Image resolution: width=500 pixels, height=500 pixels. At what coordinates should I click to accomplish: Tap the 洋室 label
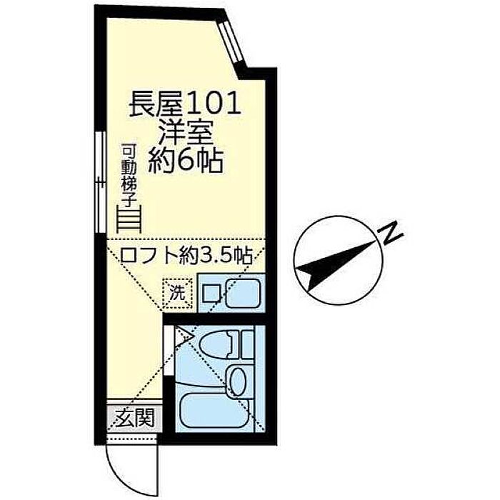pos(185,134)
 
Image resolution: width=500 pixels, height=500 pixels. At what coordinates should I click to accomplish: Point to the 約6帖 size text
pos(185,160)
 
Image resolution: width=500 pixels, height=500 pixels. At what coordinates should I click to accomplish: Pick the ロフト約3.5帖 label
pos(185,255)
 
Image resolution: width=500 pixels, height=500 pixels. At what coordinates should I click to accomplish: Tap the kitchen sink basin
pos(244,293)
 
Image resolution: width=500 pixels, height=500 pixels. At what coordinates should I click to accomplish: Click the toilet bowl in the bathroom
pos(236,346)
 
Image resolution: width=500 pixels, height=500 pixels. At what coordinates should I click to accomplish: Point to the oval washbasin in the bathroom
pos(239,379)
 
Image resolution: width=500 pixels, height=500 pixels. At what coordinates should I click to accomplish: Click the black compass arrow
pos(336,261)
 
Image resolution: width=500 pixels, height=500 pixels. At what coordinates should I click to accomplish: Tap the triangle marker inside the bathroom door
pos(184,331)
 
